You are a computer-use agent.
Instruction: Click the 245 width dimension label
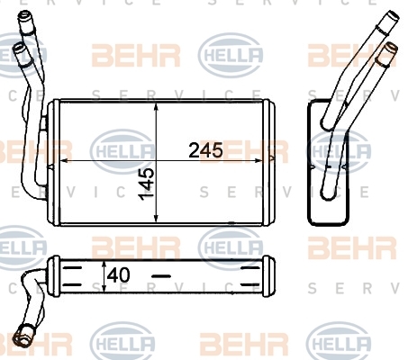205,150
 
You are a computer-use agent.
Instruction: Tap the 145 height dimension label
146,184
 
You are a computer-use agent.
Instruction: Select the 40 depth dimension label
119,275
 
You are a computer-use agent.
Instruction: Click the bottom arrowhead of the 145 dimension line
156,218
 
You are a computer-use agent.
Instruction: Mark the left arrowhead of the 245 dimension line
65,161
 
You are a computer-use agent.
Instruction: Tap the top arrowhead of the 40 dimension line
104,264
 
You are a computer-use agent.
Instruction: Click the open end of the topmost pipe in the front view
24,14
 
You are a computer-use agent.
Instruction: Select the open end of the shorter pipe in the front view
18,48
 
